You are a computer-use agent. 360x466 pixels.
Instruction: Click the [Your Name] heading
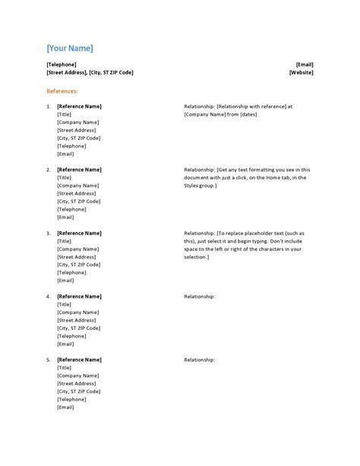[70, 49]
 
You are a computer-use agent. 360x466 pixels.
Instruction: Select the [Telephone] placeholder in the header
[62, 65]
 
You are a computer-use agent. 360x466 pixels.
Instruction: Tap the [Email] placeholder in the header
[305, 65]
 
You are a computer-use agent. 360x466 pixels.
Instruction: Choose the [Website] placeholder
[302, 73]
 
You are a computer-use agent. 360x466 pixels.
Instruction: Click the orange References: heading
[62, 91]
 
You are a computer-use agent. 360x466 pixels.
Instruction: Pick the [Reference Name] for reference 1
[79, 106]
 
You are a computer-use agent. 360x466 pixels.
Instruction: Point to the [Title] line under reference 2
[65, 178]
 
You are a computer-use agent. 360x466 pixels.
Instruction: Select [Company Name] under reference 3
[77, 249]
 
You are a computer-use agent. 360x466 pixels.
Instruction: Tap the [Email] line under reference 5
[65, 407]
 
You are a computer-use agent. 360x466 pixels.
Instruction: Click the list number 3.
[49, 233]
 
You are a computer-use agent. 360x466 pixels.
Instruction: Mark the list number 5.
[49, 360]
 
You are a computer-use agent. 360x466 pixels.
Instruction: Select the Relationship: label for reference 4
[200, 296]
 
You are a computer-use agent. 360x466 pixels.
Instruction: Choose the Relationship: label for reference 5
[200, 360]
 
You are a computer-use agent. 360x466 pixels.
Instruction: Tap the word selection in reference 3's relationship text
[196, 257]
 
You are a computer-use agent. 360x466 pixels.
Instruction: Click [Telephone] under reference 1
[72, 146]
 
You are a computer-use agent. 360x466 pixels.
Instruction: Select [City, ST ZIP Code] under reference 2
[78, 201]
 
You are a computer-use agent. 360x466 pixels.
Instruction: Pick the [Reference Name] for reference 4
[79, 296]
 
